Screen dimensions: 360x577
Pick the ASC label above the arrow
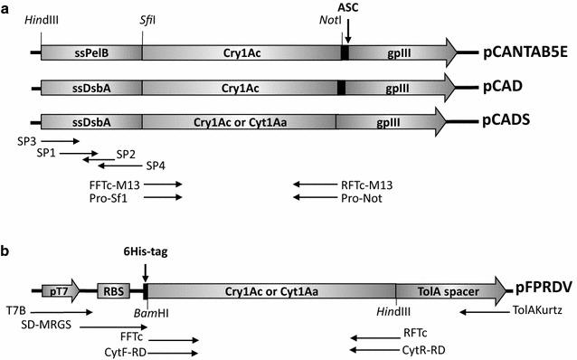pyautogui.click(x=348, y=9)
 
